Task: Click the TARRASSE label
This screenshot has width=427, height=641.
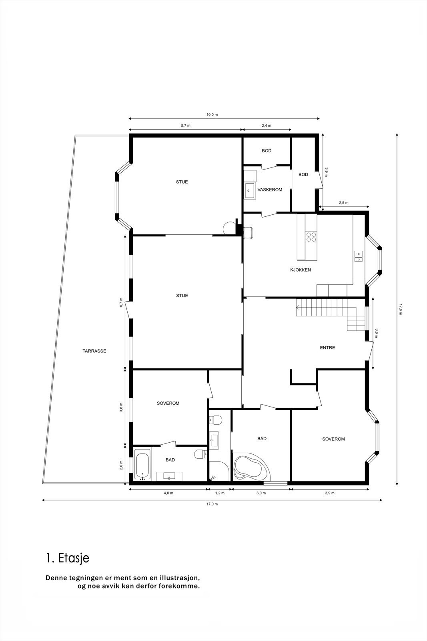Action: pos(94,351)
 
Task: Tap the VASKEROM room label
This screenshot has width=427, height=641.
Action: pos(270,189)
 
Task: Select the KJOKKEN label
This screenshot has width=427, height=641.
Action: pos(300,270)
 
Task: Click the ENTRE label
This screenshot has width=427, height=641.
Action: pos(327,348)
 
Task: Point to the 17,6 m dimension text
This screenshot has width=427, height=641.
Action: pos(400,309)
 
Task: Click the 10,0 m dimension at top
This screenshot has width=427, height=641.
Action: pos(212,115)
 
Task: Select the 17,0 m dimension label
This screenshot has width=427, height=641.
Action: pos(212,504)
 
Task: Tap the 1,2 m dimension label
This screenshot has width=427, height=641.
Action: pos(220,493)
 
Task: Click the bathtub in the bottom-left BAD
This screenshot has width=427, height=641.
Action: pos(142,465)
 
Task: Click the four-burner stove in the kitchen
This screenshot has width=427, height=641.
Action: pos(311,237)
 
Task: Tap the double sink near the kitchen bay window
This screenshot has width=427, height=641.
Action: pos(359,256)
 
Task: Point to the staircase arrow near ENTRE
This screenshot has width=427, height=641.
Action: pos(299,308)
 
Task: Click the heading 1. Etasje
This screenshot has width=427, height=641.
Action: pos(68,558)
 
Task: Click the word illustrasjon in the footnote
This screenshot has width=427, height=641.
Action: pos(179,578)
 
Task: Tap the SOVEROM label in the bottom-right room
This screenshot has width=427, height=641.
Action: pos(333,439)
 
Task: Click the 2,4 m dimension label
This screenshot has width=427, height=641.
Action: pos(267,125)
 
